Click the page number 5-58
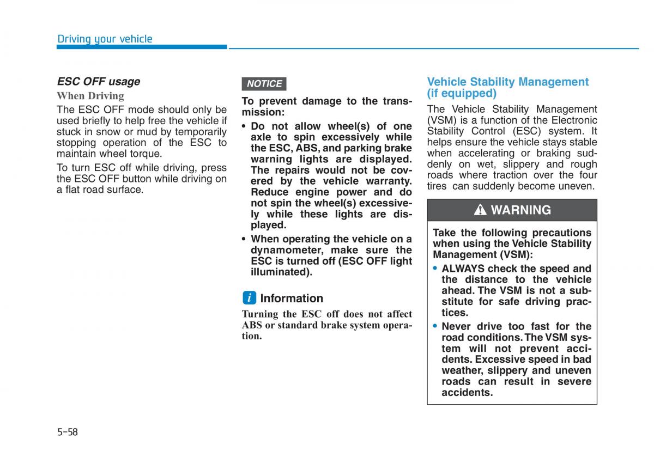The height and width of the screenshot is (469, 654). [x=68, y=433]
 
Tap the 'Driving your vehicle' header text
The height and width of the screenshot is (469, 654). [x=105, y=39]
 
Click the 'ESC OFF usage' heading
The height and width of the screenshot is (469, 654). [x=98, y=82]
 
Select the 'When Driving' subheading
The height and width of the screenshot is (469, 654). [x=90, y=96]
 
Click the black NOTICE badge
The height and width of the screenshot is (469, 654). [x=264, y=84]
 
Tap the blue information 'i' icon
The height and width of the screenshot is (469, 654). [x=249, y=298]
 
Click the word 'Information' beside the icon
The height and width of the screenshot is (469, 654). [x=292, y=299]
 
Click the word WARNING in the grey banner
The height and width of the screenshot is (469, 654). [x=520, y=210]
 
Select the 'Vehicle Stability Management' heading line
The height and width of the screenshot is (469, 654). [x=507, y=82]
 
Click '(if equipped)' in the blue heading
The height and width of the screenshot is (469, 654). [x=462, y=93]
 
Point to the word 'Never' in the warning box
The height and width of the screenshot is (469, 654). [x=456, y=326]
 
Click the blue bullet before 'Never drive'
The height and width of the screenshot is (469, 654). [x=435, y=326]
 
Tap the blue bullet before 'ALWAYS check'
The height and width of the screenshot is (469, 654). [x=435, y=269]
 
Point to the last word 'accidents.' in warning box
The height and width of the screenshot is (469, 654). [x=467, y=392]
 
